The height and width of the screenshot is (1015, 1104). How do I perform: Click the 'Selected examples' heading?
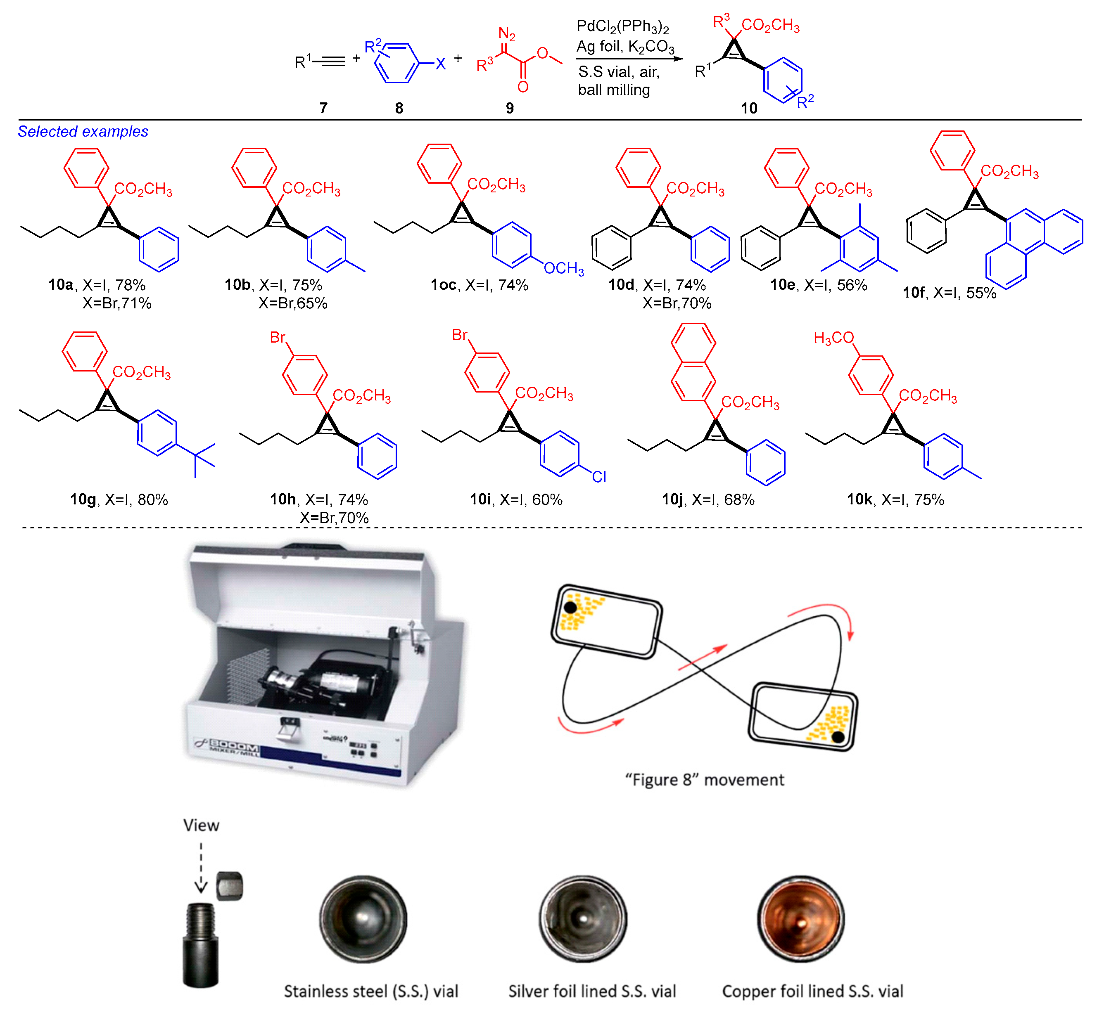tap(83, 132)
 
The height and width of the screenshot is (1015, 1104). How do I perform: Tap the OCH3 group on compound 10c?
tap(563, 269)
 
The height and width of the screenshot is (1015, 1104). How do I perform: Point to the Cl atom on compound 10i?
tap(599, 477)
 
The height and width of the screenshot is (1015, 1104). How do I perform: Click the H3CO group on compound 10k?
tap(833, 338)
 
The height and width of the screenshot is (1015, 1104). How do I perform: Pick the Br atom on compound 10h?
tap(278, 337)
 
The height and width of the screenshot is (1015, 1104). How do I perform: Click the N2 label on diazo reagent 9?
tap(507, 34)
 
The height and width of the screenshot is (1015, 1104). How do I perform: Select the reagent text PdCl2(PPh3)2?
tap(622, 26)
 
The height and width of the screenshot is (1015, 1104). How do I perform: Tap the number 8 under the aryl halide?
tap(399, 108)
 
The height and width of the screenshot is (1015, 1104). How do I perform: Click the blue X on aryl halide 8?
tap(440, 64)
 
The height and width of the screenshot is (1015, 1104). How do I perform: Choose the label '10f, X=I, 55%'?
tap(949, 293)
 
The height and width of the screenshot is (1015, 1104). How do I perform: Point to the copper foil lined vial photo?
tap(801, 919)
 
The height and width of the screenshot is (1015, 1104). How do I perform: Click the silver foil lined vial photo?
tap(582, 919)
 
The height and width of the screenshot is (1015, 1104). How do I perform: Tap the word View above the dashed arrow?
tap(201, 825)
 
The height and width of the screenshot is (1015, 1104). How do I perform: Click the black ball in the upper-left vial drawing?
tap(570, 608)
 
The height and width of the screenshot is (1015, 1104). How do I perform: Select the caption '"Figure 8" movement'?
tap(705, 779)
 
